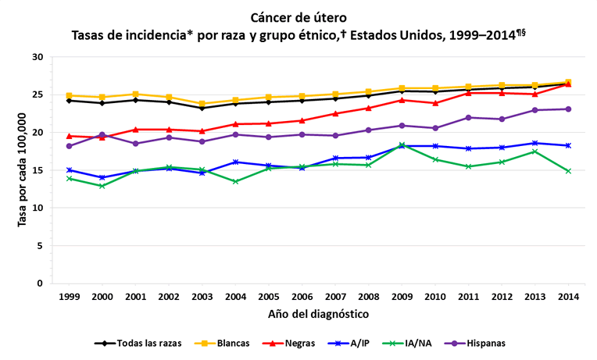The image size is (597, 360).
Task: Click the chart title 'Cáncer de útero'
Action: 298,16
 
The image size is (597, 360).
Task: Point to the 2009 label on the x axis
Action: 402,298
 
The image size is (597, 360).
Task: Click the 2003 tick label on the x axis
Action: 202,298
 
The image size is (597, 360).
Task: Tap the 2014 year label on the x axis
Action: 568,298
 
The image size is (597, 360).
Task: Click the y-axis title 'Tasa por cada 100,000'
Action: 22,170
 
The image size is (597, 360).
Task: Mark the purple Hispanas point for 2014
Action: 568,109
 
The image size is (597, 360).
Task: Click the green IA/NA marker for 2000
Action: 102,186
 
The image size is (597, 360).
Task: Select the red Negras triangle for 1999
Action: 70,136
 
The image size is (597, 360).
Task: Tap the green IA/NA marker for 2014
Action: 568,171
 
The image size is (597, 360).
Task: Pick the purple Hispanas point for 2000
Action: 102,135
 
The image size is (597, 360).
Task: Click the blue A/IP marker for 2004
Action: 235,162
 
